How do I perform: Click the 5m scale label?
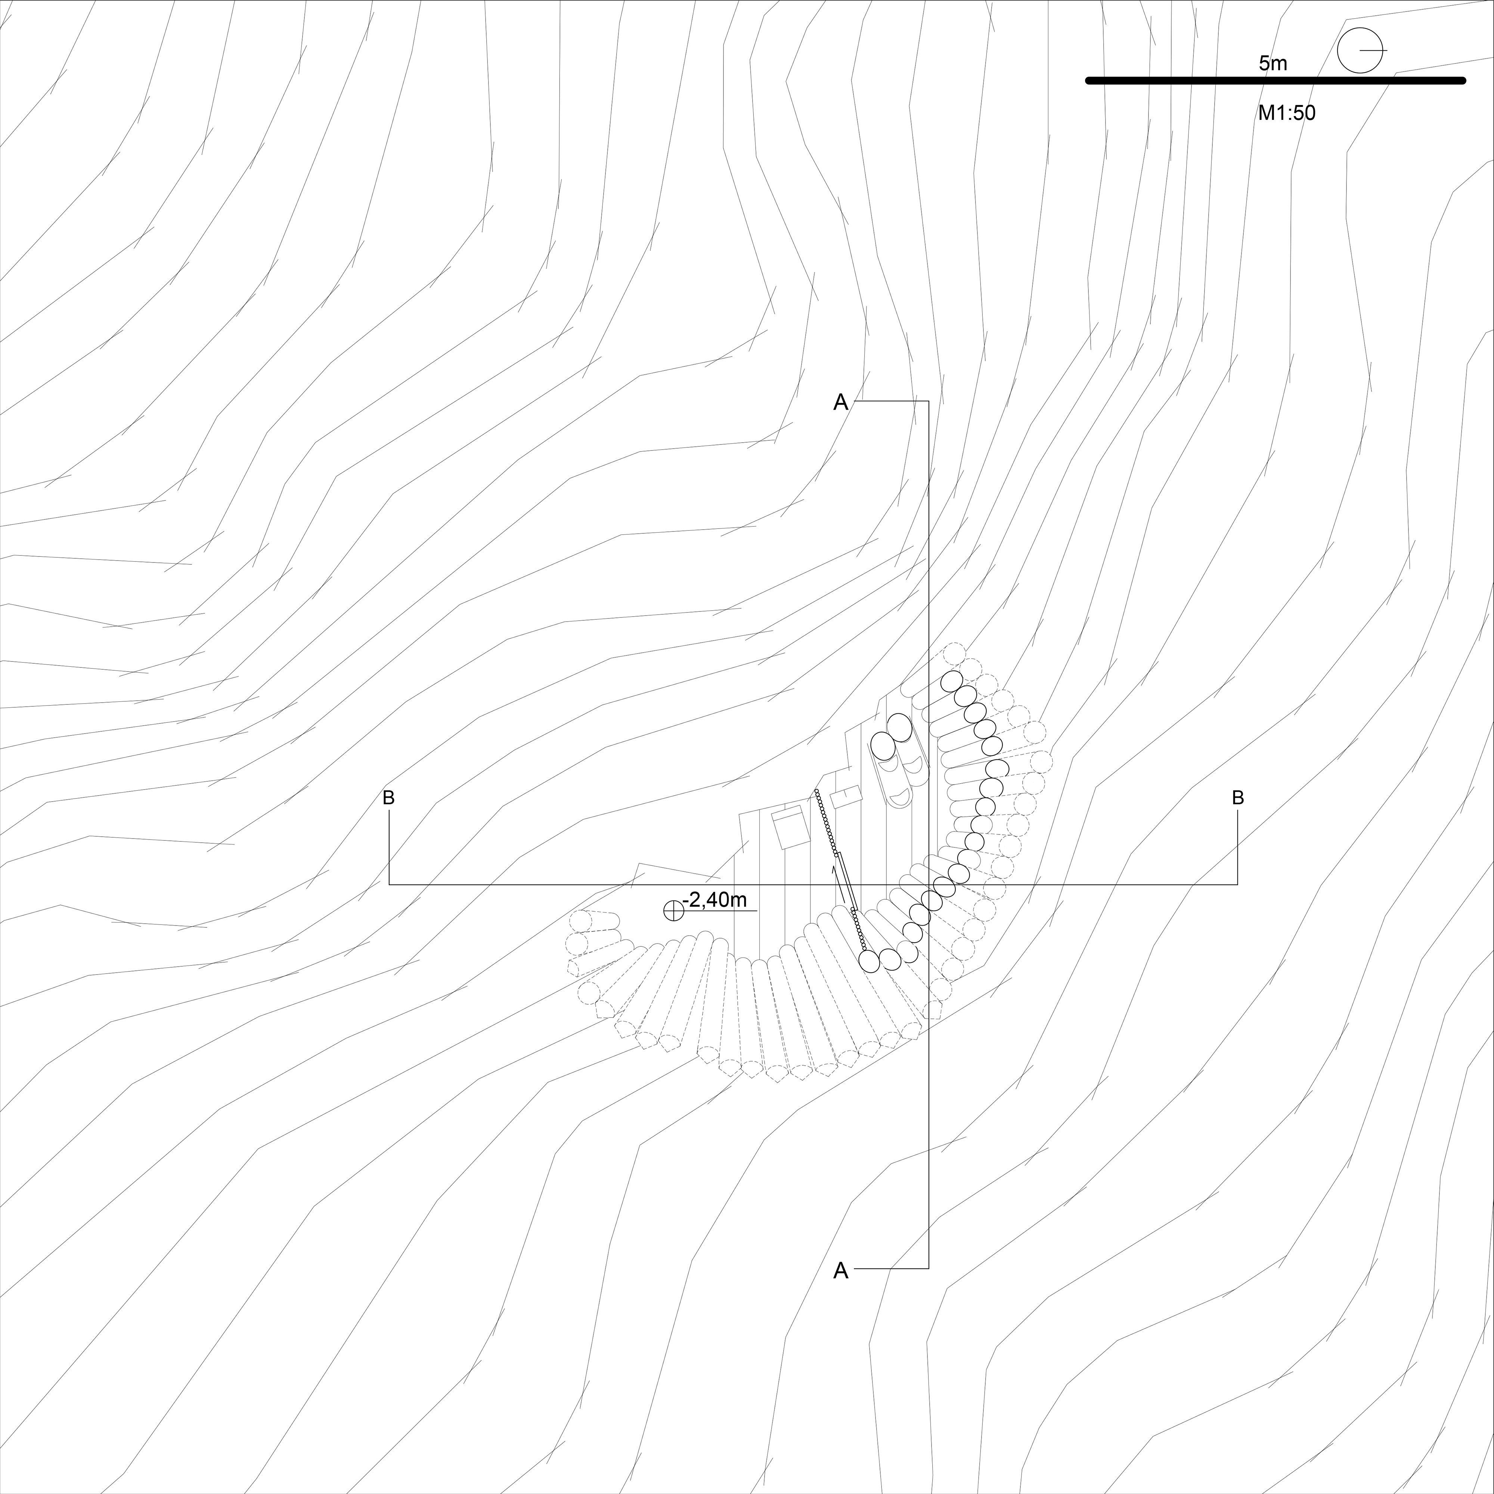point(1273,63)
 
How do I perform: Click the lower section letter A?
point(841,1271)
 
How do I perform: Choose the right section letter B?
point(1237,797)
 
